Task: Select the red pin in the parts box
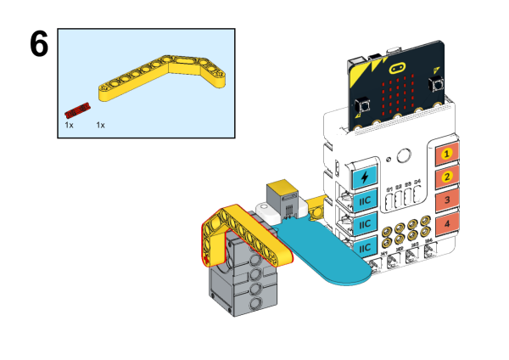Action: click(77, 110)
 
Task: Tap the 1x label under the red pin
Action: click(70, 125)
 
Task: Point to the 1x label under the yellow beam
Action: click(100, 125)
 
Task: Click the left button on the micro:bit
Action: click(363, 106)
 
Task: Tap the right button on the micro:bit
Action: click(437, 84)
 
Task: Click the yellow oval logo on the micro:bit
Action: click(397, 63)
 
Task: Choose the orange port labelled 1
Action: click(446, 155)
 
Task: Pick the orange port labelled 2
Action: click(446, 177)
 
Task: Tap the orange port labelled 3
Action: click(446, 200)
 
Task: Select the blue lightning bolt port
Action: click(365, 177)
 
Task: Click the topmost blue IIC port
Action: click(364, 201)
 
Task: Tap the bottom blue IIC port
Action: click(364, 246)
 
